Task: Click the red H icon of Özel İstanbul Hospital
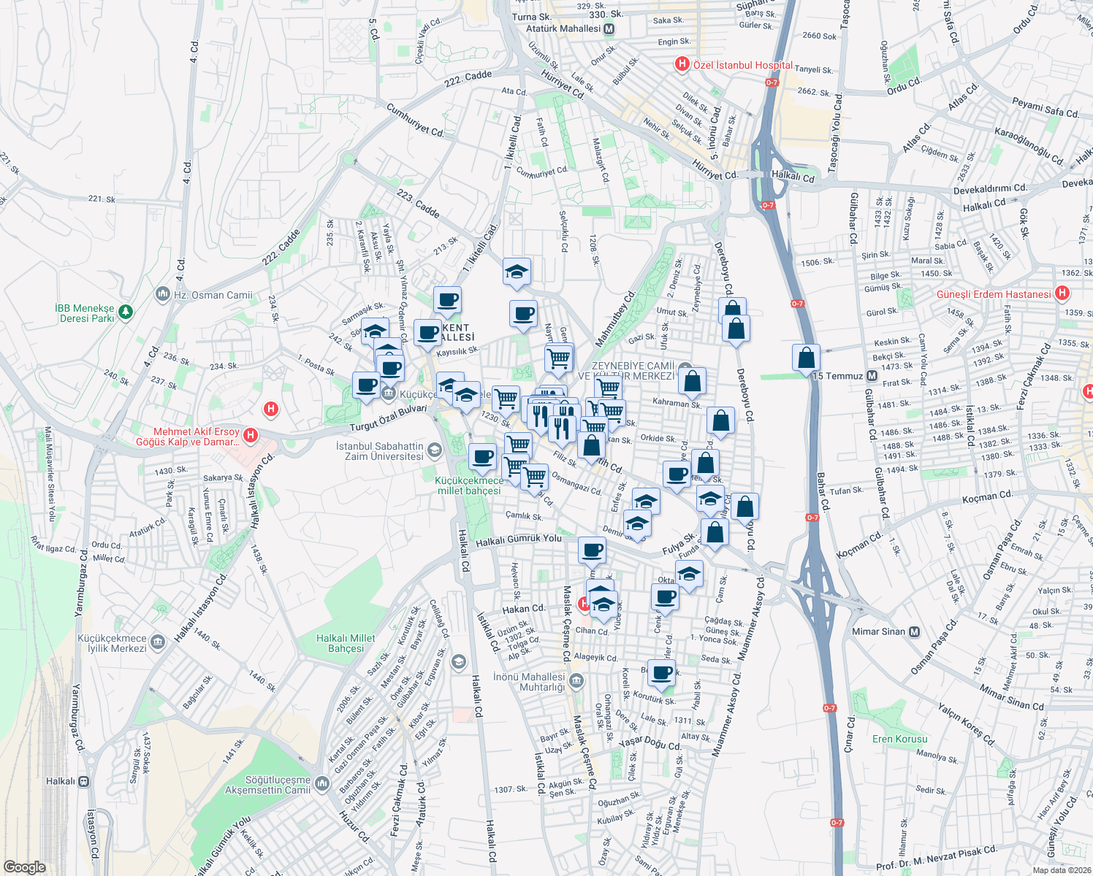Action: point(682,64)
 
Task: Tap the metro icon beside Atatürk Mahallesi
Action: point(609,29)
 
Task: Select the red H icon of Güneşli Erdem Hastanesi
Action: point(1062,293)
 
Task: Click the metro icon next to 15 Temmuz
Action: point(872,376)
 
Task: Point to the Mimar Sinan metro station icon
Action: point(914,631)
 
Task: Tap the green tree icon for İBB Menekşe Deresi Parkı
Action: point(126,312)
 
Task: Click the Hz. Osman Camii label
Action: point(213,295)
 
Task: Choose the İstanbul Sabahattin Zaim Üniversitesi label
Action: point(380,451)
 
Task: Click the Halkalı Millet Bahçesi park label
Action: point(346,643)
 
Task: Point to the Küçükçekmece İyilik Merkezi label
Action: point(112,643)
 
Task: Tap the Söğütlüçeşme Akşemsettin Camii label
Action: point(267,785)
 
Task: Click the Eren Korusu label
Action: point(899,739)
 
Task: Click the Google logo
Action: point(24,867)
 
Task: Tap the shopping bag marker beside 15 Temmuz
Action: point(806,358)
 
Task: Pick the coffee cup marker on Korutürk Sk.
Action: point(662,672)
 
